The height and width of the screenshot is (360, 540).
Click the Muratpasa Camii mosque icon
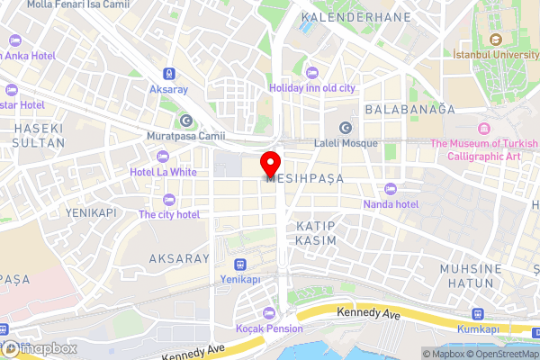click(185, 121)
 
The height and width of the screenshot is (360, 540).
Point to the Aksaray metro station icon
click(168, 73)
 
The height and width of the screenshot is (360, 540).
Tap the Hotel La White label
click(163, 171)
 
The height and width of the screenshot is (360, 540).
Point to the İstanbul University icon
click(495, 40)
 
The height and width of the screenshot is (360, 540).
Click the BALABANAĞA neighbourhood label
click(409, 109)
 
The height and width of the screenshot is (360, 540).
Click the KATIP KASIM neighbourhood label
click(316, 232)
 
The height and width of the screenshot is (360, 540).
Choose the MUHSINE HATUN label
click(469, 275)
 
